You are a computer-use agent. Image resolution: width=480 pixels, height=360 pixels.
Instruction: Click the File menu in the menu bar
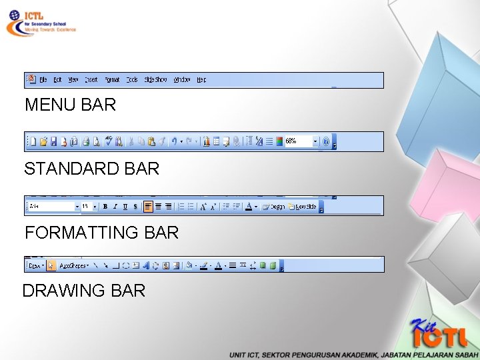point(43,80)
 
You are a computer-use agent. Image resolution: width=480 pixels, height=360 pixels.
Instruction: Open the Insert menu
point(91,80)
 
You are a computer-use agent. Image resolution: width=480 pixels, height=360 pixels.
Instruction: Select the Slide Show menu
point(155,80)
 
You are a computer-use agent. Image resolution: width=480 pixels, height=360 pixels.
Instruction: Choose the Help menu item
point(201,80)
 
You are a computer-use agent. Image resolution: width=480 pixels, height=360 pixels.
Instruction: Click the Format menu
point(112,80)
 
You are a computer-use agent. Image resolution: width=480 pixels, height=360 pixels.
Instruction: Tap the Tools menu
point(132,80)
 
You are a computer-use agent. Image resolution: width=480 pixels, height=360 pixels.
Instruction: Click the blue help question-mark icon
point(325,141)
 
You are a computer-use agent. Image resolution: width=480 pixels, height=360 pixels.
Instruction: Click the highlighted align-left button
point(148,207)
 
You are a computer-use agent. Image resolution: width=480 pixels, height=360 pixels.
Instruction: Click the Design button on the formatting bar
point(274,207)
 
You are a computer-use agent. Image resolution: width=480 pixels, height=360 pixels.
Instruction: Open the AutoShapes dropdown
point(74,265)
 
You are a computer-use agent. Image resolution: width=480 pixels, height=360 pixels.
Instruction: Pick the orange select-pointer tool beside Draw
point(51,265)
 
